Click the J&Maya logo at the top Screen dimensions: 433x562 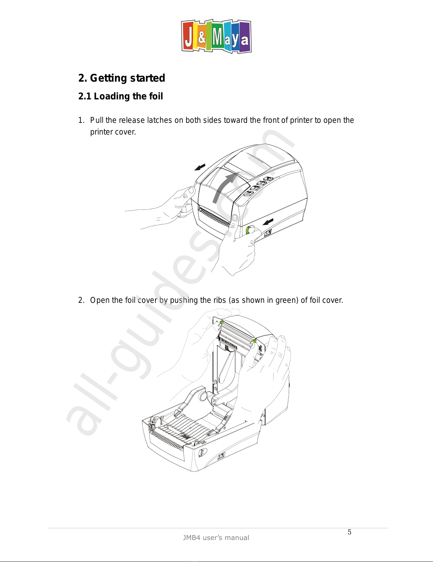tap(216, 37)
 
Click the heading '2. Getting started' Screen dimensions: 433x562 tap(121, 78)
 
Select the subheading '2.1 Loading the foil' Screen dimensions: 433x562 tap(120, 96)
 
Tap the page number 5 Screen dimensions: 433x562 tap(349, 532)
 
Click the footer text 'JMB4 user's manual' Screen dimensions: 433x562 tap(216, 538)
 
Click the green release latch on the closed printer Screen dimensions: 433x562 tap(248, 230)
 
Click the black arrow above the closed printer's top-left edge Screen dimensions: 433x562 tap(200, 167)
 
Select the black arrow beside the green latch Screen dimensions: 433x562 tap(268, 222)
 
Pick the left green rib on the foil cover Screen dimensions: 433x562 tap(221, 322)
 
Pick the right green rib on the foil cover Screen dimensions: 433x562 tap(254, 341)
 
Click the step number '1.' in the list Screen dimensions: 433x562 tap(81, 120)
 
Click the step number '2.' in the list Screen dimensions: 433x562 tap(81, 300)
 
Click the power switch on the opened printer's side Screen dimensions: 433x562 tap(221, 455)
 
